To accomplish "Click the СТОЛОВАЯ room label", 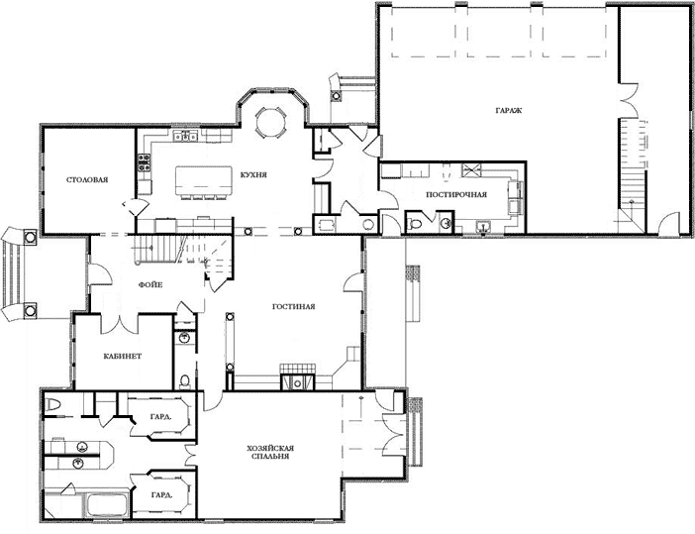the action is tap(87, 179).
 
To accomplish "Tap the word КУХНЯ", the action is tap(253, 174).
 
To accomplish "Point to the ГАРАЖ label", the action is tap(509, 110).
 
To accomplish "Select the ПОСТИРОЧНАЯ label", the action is tap(456, 194).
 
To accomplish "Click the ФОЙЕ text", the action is tap(150, 284).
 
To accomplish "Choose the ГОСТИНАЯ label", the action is tap(293, 306).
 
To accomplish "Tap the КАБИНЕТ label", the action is tap(123, 356).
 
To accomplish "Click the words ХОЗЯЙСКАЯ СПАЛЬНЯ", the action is tap(270, 452).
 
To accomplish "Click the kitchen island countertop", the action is tap(204, 180).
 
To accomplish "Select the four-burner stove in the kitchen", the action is tap(144, 162).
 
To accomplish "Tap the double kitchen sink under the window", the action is tap(186, 136).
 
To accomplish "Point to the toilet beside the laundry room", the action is tap(415, 223).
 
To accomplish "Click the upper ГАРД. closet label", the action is tap(161, 416).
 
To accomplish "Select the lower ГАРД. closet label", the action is tap(161, 494).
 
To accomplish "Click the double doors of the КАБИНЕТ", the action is tap(120, 322).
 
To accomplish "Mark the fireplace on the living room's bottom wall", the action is tap(297, 377).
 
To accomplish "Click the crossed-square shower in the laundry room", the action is tap(470, 169).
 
